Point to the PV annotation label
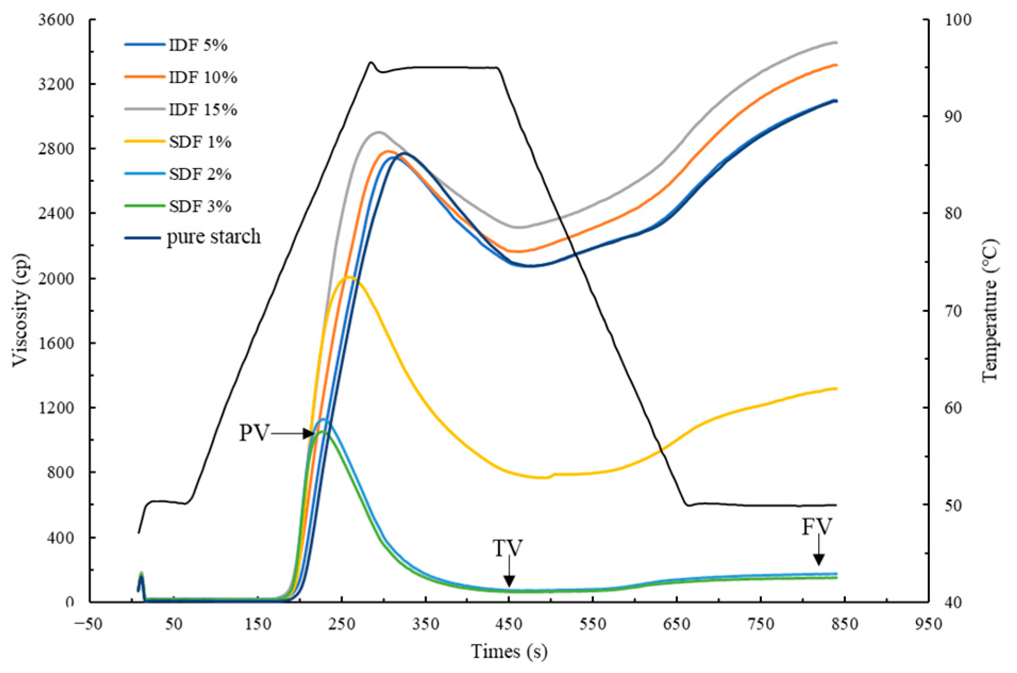coord(254,433)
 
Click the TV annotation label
coord(507,549)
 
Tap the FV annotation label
coord(817,527)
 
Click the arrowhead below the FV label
coord(819,560)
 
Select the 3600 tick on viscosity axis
coord(56,20)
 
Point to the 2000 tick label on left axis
coord(56,278)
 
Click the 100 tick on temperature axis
coord(958,20)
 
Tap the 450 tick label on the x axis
coord(509,624)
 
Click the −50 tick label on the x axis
coord(88,624)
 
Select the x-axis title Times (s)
coord(509,651)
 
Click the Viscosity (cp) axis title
coord(20,310)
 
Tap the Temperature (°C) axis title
coord(989,310)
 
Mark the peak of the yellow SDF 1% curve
coord(349,277)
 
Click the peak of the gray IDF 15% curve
coord(378,132)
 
